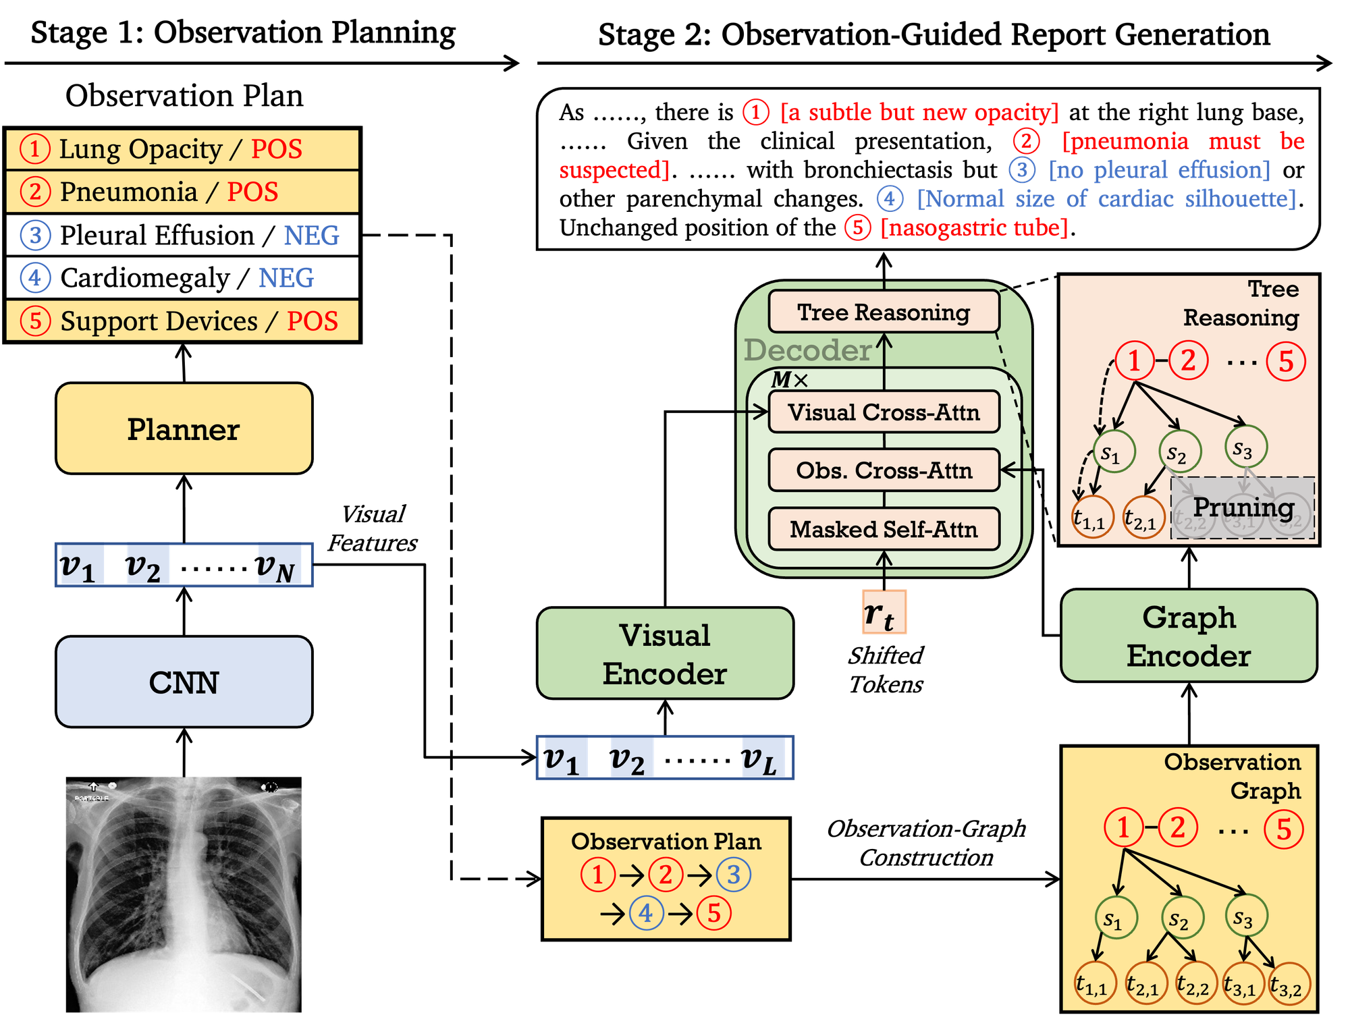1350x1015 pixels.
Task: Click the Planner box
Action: pos(184,429)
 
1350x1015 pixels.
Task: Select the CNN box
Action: pos(184,682)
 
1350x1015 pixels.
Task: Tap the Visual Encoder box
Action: pos(665,653)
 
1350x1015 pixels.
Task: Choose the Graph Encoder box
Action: pos(1189,636)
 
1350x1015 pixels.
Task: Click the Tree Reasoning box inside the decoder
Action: pos(884,312)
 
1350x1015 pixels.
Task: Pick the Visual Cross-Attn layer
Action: pos(884,412)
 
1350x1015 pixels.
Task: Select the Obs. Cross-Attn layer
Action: pos(884,470)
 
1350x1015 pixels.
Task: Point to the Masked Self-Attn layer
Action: pos(884,529)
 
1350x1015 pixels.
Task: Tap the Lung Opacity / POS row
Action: pos(182,149)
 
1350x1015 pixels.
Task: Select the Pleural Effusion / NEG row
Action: pos(182,235)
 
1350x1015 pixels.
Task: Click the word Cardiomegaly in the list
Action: pos(145,278)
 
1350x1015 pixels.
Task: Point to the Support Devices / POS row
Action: pos(182,321)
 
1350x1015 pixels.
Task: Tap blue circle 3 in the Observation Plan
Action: pos(733,875)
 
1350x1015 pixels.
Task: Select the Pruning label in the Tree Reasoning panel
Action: pos(1243,507)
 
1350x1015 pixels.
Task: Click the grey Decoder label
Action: pos(807,350)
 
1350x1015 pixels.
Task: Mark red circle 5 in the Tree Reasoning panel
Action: pos(1286,362)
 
